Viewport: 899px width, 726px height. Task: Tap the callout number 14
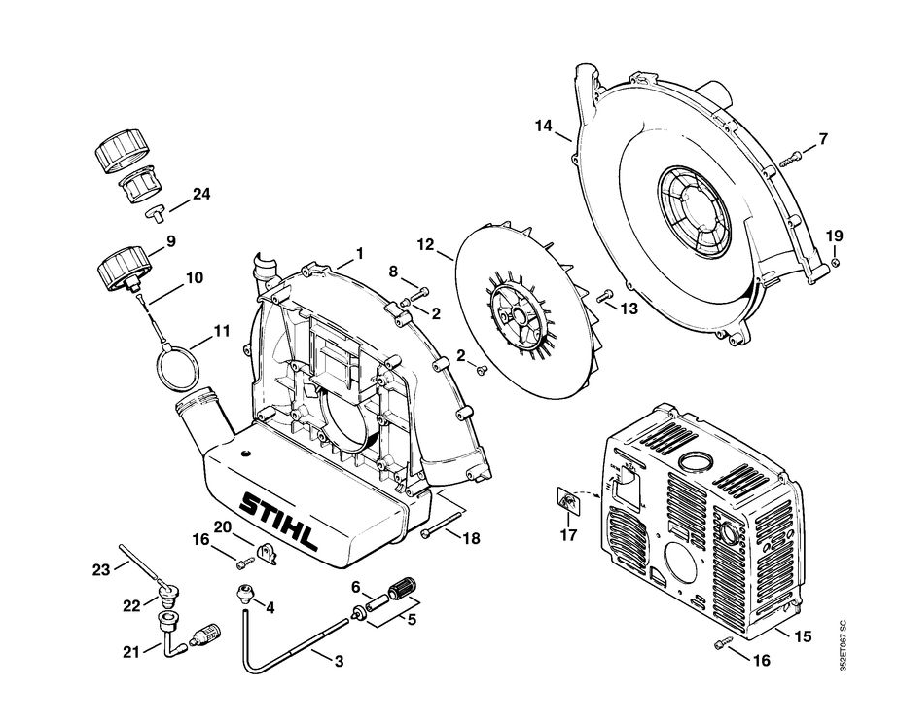coord(543,126)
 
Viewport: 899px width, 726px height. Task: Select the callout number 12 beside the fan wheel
coord(426,243)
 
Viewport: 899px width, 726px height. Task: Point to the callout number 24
coord(201,194)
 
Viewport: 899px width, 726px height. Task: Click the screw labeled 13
coord(603,296)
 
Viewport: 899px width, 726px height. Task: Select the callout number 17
coord(568,534)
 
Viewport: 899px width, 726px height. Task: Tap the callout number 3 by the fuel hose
coord(339,662)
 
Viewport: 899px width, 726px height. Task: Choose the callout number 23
coord(101,571)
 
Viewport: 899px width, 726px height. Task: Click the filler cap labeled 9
coord(125,268)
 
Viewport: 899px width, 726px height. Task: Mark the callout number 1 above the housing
coord(359,253)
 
